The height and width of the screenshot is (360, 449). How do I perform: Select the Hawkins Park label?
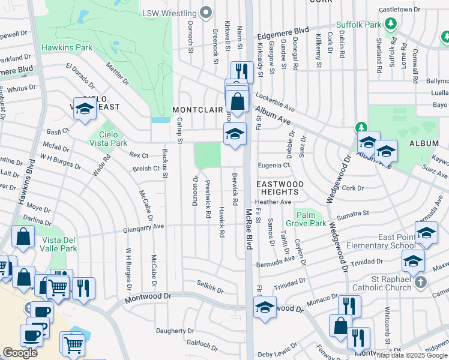pyautogui.click(x=67, y=47)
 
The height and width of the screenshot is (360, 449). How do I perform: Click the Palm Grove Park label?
pyautogui.click(x=311, y=219)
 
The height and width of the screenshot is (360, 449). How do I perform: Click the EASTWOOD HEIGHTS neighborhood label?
pyautogui.click(x=280, y=188)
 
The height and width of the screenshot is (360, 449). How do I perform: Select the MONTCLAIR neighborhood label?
pyautogui.click(x=197, y=110)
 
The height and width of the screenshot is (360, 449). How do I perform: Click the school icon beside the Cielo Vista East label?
pyautogui.click(x=85, y=108)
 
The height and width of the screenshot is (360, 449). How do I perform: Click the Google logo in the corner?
pyautogui.click(x=20, y=353)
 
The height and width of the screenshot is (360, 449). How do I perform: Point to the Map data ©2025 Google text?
pyautogui.click(x=411, y=355)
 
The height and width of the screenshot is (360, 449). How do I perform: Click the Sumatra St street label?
pyautogui.click(x=352, y=213)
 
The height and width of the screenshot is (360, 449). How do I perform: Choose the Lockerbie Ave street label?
pyautogui.click(x=275, y=101)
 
